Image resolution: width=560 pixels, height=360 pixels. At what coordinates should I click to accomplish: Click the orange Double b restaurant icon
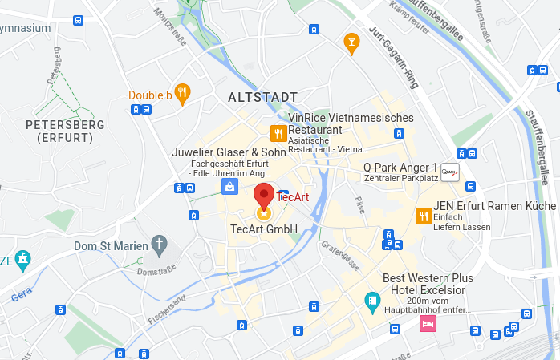pos(182,95)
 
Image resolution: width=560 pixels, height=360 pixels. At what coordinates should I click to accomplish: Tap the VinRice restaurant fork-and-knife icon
pos(278,133)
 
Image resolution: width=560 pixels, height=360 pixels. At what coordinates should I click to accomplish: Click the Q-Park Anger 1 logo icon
pos(450,172)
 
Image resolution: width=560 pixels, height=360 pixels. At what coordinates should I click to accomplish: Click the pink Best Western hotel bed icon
pos(428,323)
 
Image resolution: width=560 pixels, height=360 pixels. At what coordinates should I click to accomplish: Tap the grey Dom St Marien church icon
pos(160,245)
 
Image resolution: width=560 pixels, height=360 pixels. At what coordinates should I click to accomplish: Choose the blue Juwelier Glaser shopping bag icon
pos(229,187)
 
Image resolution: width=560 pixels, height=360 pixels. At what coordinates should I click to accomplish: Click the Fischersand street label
pos(167,309)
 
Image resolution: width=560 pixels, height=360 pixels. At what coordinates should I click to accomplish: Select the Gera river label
pos(22,296)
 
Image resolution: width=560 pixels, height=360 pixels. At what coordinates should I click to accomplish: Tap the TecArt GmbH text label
pos(264,230)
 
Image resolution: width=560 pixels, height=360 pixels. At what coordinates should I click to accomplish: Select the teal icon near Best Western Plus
pos(371,303)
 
